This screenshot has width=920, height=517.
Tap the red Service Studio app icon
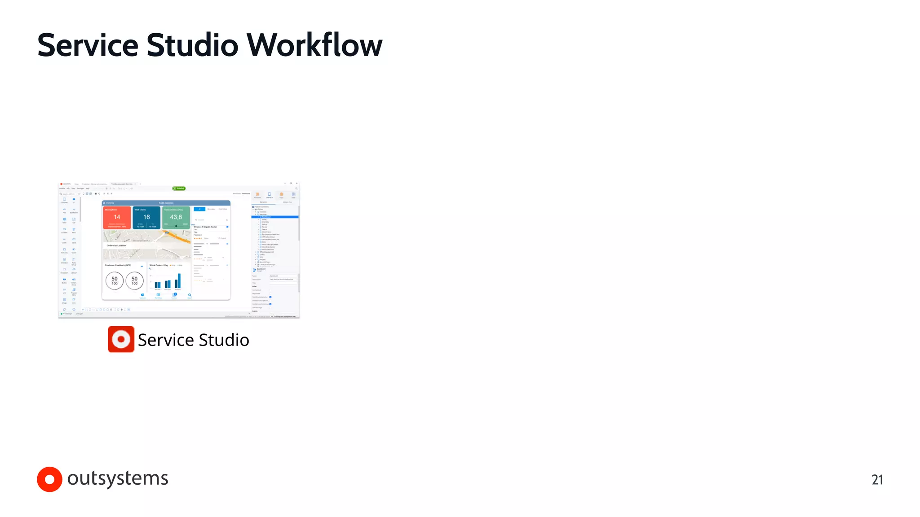[121, 339]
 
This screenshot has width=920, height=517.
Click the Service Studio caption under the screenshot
[193, 340]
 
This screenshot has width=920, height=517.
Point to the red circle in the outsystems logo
[49, 479]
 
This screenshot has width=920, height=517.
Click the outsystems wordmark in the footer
[118, 478]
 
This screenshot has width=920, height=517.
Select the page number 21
[877, 480]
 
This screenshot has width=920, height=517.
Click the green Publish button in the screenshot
[179, 188]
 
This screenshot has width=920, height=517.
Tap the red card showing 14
[117, 218]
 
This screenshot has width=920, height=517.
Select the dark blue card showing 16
[146, 218]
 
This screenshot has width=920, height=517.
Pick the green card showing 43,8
[176, 218]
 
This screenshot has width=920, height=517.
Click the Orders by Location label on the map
[116, 245]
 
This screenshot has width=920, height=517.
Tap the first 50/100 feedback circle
[115, 280]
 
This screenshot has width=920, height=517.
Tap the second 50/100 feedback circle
[134, 280]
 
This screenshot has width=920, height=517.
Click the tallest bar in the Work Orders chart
[179, 280]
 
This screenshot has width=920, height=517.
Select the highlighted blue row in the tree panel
[275, 217]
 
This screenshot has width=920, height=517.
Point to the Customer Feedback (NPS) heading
[118, 265]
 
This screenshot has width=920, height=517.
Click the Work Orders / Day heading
[159, 265]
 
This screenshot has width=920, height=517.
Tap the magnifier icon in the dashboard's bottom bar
[190, 295]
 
